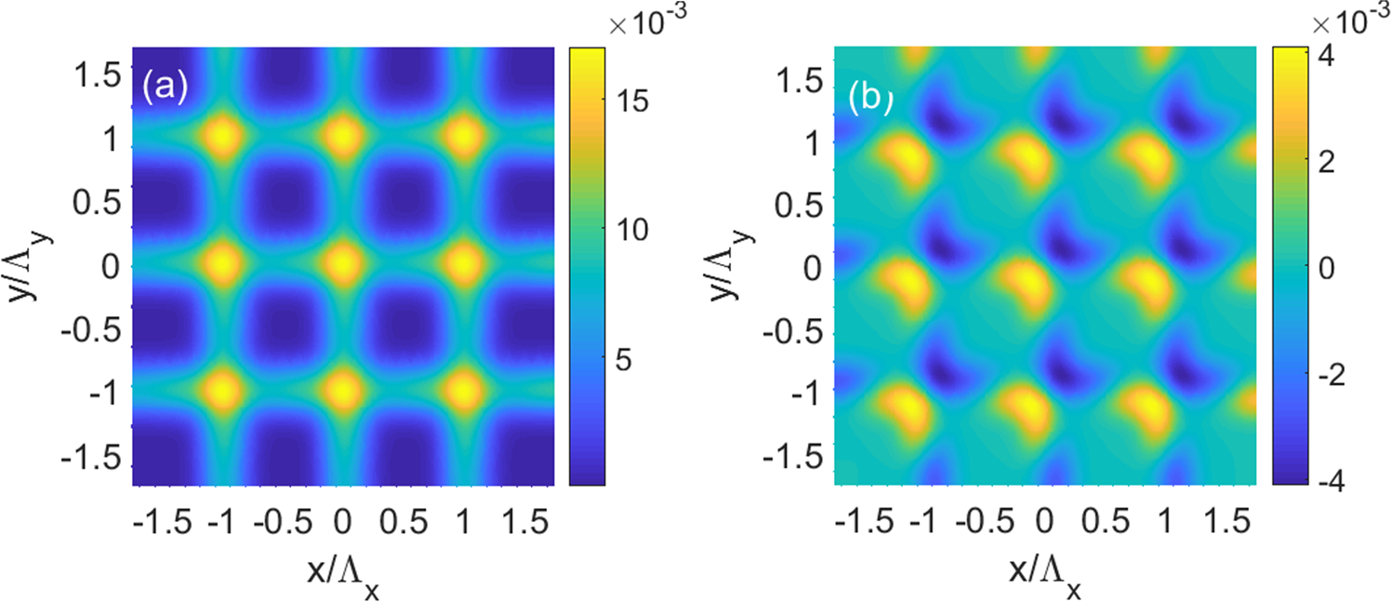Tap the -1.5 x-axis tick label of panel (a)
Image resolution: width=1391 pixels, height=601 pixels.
point(163,524)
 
